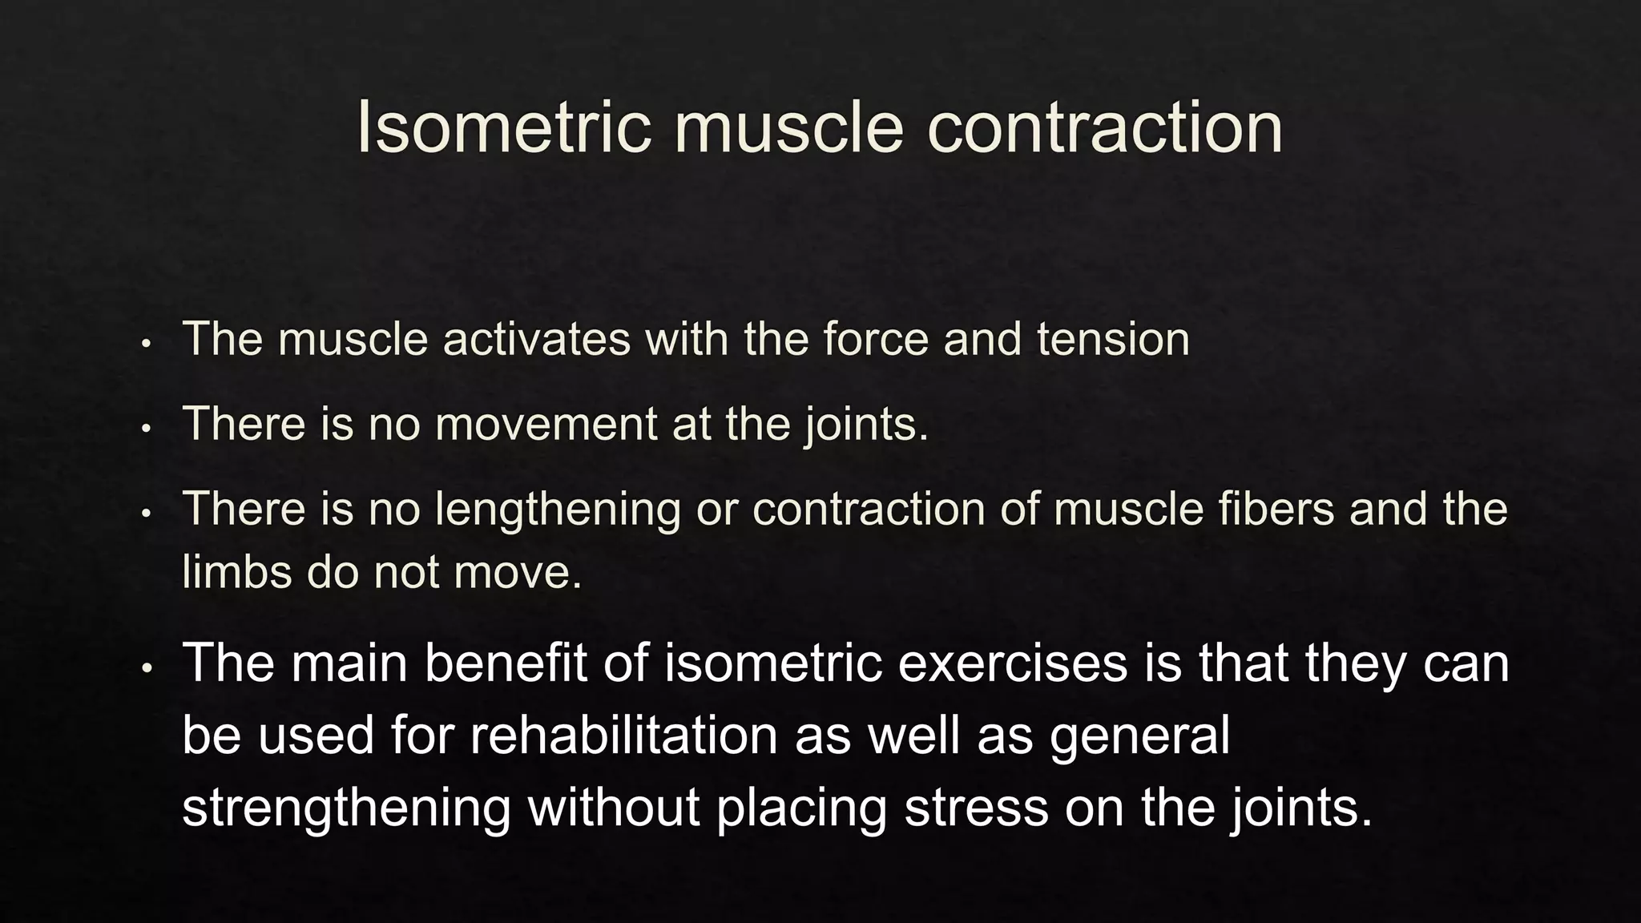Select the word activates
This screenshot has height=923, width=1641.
(x=536, y=339)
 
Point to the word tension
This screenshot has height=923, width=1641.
(x=1113, y=339)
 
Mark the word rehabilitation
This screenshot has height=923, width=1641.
(x=623, y=735)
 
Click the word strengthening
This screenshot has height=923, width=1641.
(x=346, y=807)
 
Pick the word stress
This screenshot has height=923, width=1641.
(x=976, y=807)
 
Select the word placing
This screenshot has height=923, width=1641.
(x=802, y=807)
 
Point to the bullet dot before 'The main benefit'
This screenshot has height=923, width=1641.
(x=146, y=667)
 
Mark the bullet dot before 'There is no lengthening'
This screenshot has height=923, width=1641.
(x=146, y=514)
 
